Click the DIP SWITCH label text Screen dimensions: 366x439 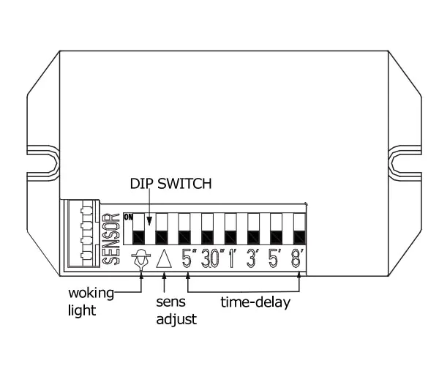(x=170, y=183)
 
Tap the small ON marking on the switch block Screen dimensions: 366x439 (x=127, y=217)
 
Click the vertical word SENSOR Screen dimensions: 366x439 (x=112, y=239)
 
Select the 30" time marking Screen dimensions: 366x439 (x=211, y=259)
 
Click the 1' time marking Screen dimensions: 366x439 (x=233, y=259)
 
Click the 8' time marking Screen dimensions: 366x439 (x=299, y=259)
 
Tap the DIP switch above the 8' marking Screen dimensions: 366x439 (x=299, y=229)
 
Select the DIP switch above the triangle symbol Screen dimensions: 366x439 (x=162, y=229)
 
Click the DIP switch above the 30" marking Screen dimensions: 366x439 (x=208, y=229)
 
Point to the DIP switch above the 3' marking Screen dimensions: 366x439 (x=253, y=229)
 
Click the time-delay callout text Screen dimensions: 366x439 (x=255, y=302)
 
